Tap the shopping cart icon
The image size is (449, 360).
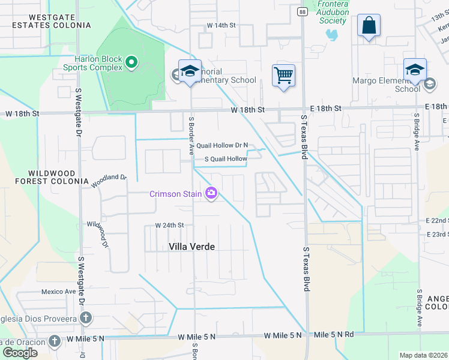pos(283,76)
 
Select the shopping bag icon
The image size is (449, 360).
pos(369,26)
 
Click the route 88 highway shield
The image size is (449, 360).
pos(302,12)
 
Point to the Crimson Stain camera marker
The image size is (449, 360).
pos(211,193)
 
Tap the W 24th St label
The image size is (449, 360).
pos(169,226)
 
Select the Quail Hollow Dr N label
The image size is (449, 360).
pos(222,145)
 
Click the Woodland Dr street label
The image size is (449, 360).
pos(109,181)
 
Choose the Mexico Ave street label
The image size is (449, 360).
pos(58,292)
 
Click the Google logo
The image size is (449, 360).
pos(20,353)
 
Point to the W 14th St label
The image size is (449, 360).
pos(221,25)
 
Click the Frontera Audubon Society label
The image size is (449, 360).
pos(332,12)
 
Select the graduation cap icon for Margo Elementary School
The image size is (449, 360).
pos(415,70)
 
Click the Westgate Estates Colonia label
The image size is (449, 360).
pos(51,21)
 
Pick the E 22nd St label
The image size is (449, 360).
pos(438,221)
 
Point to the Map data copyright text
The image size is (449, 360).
pos(424,355)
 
